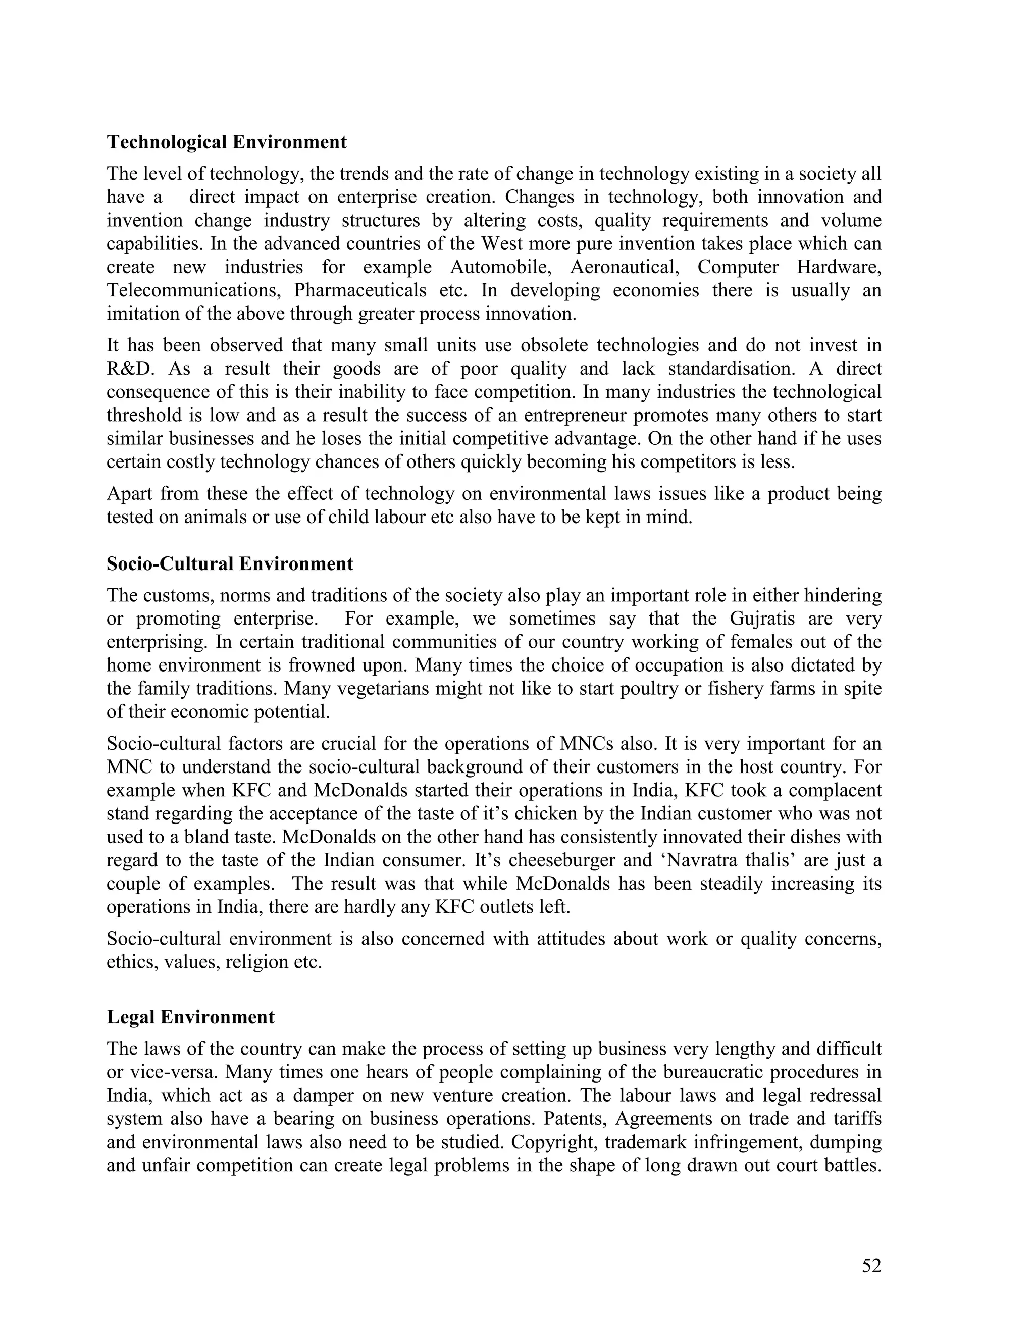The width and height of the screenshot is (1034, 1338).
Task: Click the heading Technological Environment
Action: (x=227, y=142)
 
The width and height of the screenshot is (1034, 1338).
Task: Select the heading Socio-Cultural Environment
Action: (x=230, y=563)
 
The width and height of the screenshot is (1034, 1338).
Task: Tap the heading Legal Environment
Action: (x=190, y=1017)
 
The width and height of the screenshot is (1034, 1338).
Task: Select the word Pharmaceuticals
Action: (x=360, y=290)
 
